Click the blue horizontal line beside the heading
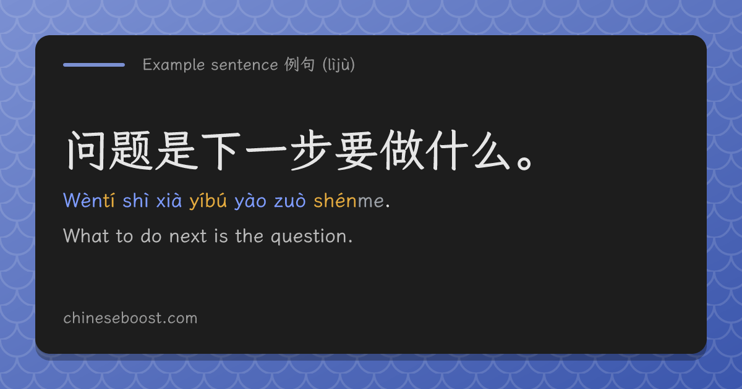[x=94, y=65]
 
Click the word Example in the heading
[x=174, y=65]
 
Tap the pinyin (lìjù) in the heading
[x=339, y=65]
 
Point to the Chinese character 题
[x=130, y=151]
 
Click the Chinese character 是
[x=177, y=151]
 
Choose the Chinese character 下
[x=221, y=151]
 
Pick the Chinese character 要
[x=356, y=151]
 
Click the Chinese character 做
[x=401, y=151]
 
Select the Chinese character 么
[x=491, y=151]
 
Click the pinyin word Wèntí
[x=89, y=201]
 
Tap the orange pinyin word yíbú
[x=208, y=201]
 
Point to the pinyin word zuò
[x=290, y=201]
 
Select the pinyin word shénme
[x=349, y=201]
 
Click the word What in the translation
[x=86, y=236]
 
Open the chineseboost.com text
[x=130, y=318]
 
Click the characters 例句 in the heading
[x=299, y=64]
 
